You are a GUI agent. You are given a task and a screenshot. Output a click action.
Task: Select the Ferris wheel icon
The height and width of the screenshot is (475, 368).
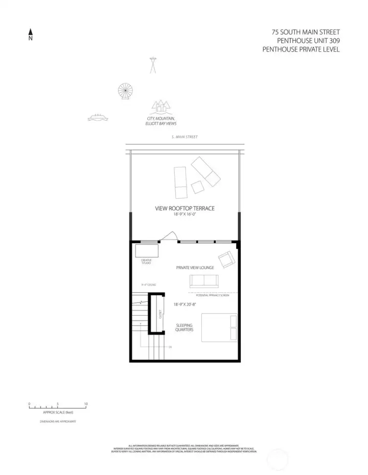125,91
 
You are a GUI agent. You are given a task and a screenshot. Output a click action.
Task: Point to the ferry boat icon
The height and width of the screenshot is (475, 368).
97,118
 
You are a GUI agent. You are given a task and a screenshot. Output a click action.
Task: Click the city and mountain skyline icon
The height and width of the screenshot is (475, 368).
160,107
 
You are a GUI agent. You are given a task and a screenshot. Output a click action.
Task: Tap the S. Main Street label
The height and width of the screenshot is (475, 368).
184,137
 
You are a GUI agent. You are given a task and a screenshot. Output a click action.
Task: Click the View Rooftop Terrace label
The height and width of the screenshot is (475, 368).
185,208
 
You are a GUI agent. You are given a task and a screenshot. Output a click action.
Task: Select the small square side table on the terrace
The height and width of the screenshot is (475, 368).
197,187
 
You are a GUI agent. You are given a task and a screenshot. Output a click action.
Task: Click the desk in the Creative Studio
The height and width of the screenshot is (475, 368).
147,251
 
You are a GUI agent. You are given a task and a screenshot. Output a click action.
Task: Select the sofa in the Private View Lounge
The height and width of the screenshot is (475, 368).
203,281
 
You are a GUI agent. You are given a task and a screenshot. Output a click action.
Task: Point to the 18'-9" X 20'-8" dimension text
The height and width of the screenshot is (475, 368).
185,304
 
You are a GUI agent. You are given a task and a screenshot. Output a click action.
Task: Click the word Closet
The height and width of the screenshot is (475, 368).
160,314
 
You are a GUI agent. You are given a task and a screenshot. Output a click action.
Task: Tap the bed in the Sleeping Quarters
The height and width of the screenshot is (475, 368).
219,327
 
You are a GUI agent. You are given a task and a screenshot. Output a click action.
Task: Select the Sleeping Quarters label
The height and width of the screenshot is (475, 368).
185,327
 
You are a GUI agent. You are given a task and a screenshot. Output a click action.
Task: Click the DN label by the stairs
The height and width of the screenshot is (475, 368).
170,347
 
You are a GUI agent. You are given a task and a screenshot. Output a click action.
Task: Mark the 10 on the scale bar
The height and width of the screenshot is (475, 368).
86,403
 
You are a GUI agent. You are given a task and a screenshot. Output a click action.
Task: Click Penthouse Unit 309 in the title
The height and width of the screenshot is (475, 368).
308,40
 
